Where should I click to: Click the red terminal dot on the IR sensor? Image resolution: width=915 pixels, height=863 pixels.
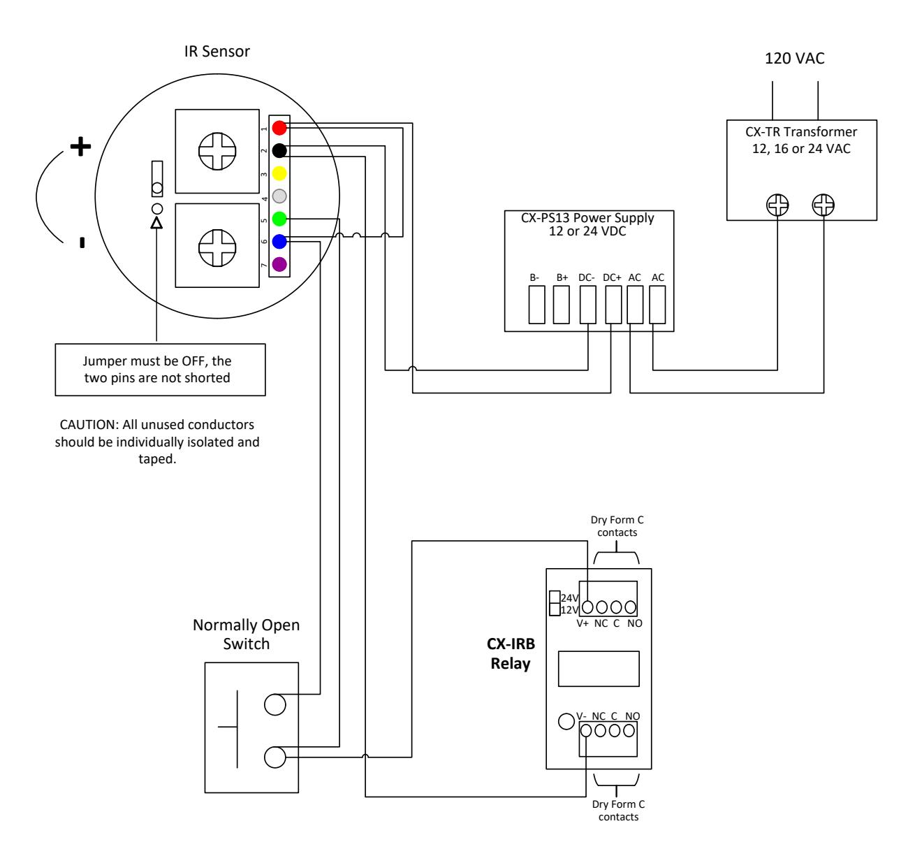(279, 128)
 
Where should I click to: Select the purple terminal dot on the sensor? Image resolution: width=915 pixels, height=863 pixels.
(279, 264)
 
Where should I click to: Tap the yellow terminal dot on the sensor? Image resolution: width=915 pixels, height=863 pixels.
(279, 173)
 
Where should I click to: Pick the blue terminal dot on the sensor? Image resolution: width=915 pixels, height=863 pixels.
(279, 242)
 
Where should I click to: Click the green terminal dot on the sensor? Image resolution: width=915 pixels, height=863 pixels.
(279, 219)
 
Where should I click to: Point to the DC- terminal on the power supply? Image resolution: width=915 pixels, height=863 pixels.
(587, 305)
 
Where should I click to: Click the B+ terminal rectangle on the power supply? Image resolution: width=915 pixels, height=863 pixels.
(561, 305)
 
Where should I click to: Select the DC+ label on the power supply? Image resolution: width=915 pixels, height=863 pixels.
(612, 277)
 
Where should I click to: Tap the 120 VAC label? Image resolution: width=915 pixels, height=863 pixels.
(794, 59)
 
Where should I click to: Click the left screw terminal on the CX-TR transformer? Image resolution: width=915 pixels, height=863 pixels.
(777, 205)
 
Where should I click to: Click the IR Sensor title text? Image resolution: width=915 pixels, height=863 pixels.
(217, 51)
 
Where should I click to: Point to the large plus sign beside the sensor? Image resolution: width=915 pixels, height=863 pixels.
(80, 146)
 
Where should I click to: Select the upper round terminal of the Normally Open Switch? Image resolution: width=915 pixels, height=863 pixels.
(274, 705)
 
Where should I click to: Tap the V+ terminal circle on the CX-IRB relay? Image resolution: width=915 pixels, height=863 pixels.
(587, 608)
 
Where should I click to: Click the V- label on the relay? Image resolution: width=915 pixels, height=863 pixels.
(581, 716)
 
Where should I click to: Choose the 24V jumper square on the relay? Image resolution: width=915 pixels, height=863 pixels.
(555, 597)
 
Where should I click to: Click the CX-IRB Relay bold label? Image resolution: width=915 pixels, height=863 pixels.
(511, 653)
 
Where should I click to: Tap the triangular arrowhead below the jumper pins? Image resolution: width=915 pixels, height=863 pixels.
(156, 224)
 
